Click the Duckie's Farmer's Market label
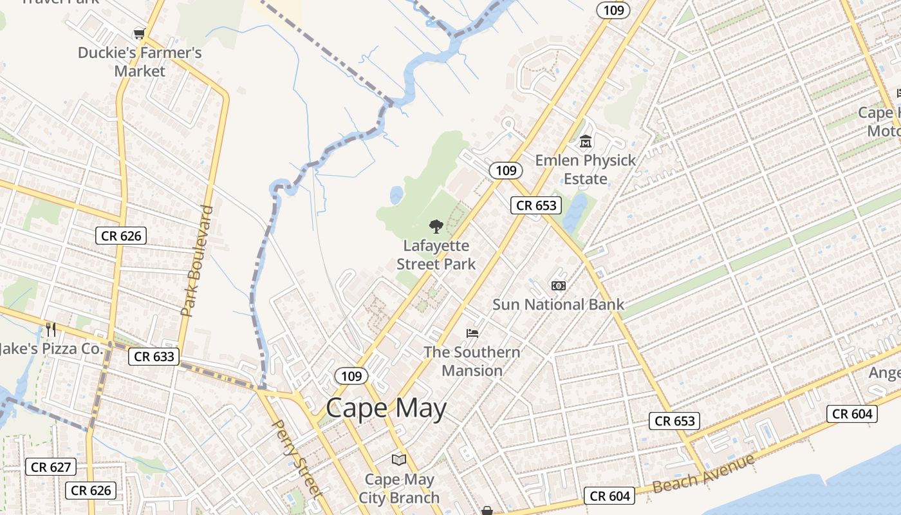pyautogui.click(x=140, y=62)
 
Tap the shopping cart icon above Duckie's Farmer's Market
pyautogui.click(x=139, y=33)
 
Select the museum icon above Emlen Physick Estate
pyautogui.click(x=586, y=141)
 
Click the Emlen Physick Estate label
pyautogui.click(x=585, y=169)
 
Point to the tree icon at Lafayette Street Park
pyautogui.click(x=436, y=226)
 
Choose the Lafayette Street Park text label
pyautogui.click(x=436, y=255)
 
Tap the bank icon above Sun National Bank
pyautogui.click(x=558, y=285)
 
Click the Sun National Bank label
pyautogui.click(x=558, y=304)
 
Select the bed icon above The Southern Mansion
pyautogui.click(x=472, y=333)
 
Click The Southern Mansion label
pyautogui.click(x=472, y=361)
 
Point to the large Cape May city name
pyautogui.click(x=385, y=408)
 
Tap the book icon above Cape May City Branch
pyautogui.click(x=399, y=460)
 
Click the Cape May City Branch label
pyautogui.click(x=399, y=489)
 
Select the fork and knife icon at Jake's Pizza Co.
pyautogui.click(x=51, y=330)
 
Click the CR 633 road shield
pyautogui.click(x=154, y=356)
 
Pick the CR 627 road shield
pyautogui.click(x=51, y=467)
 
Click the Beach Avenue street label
pyautogui.click(x=703, y=473)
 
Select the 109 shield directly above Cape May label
pyautogui.click(x=351, y=376)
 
